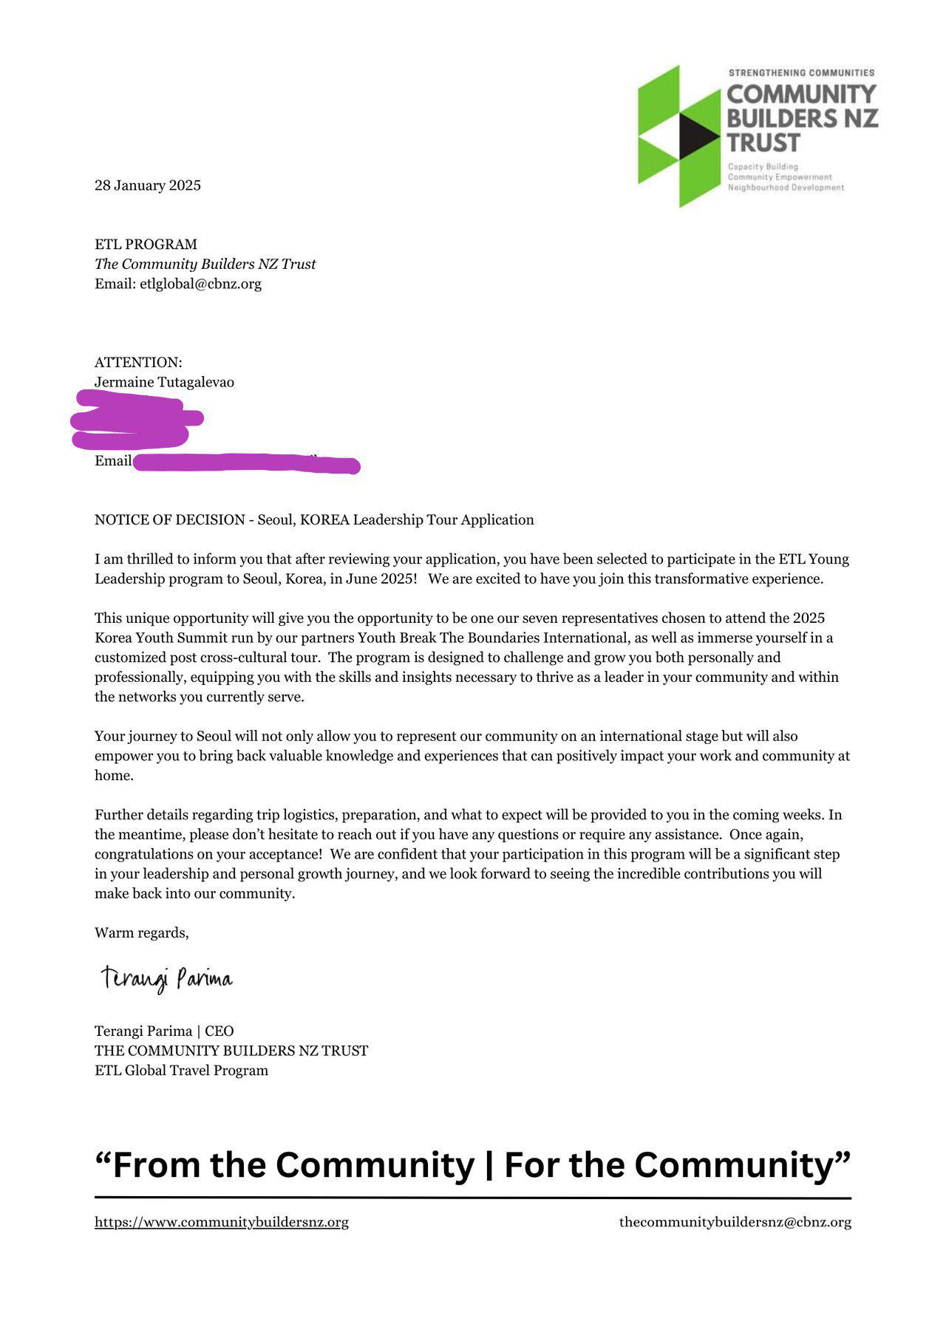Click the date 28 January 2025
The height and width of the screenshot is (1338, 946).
148,185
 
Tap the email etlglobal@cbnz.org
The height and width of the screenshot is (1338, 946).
200,284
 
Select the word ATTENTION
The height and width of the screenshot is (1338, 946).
137,363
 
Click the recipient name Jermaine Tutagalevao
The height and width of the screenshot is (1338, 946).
164,382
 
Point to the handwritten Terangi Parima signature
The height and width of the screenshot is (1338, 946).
167,979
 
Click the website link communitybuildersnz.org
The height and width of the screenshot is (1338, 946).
222,1222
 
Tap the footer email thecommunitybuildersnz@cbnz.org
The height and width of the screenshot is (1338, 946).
735,1222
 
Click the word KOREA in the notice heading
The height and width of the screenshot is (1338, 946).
324,520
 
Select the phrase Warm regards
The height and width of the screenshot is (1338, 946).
141,933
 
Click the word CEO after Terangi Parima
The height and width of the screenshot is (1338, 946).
219,1031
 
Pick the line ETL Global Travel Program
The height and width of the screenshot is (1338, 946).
181,1071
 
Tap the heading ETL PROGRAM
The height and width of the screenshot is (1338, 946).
146,245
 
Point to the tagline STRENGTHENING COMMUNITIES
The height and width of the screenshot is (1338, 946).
801,73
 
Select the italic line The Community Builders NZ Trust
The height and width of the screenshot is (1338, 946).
205,264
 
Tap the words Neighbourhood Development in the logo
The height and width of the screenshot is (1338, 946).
786,188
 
